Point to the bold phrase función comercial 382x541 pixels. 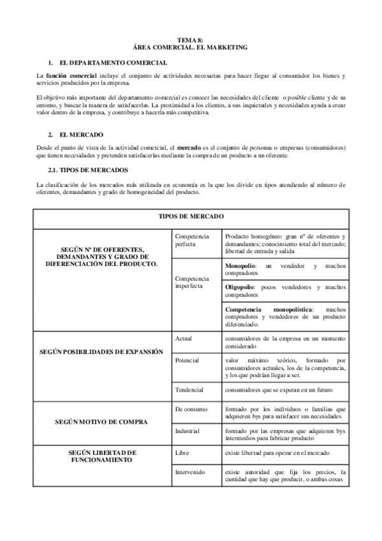[70, 75]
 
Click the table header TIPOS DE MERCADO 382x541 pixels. [190, 216]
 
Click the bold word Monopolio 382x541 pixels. [241, 265]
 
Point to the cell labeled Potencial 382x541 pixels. [186, 360]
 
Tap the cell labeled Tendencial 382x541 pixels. [188, 389]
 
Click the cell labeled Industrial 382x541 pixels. [187, 431]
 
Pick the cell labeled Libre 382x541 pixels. [182, 453]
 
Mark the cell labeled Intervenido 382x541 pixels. [189, 472]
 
